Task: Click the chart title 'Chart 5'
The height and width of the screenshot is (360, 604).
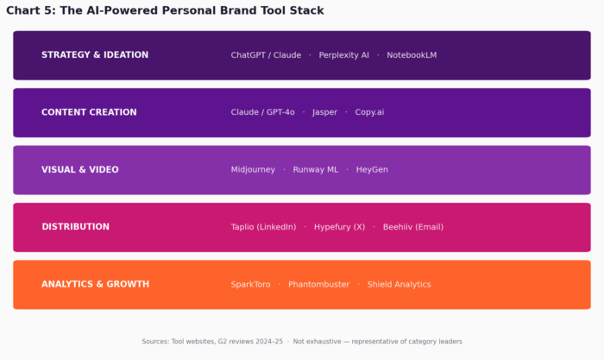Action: pyautogui.click(x=165, y=10)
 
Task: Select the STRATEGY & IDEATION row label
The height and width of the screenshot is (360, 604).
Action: pyautogui.click(x=95, y=55)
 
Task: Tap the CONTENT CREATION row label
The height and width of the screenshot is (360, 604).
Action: pyautogui.click(x=89, y=112)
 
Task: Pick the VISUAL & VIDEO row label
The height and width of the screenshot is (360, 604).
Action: pyautogui.click(x=80, y=170)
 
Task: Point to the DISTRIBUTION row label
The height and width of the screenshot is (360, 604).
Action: pyautogui.click(x=75, y=227)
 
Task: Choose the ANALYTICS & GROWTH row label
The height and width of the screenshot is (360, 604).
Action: pyautogui.click(x=96, y=284)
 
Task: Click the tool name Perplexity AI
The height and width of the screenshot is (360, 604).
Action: pyautogui.click(x=343, y=55)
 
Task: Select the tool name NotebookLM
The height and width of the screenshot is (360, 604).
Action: pyautogui.click(x=412, y=55)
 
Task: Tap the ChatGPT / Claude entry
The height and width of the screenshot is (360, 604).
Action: pyautogui.click(x=266, y=55)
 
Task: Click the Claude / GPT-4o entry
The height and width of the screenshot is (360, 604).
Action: pyautogui.click(x=262, y=112)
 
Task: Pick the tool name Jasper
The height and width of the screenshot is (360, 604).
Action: pyautogui.click(x=324, y=112)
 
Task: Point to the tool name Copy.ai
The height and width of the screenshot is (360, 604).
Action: pyautogui.click(x=369, y=112)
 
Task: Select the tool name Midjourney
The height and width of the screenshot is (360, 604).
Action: pyautogui.click(x=253, y=170)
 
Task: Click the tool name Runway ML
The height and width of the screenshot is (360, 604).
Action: pyautogui.click(x=315, y=170)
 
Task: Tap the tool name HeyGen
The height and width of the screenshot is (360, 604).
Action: pyautogui.click(x=372, y=170)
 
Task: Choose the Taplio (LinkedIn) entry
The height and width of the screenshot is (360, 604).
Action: pyautogui.click(x=263, y=227)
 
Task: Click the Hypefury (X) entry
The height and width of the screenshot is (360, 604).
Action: pyautogui.click(x=339, y=227)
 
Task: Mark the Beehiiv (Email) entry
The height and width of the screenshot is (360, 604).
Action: pyautogui.click(x=412, y=227)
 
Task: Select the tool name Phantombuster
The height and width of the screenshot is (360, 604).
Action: pyautogui.click(x=318, y=284)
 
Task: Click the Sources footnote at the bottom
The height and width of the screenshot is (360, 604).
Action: pyautogui.click(x=302, y=342)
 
